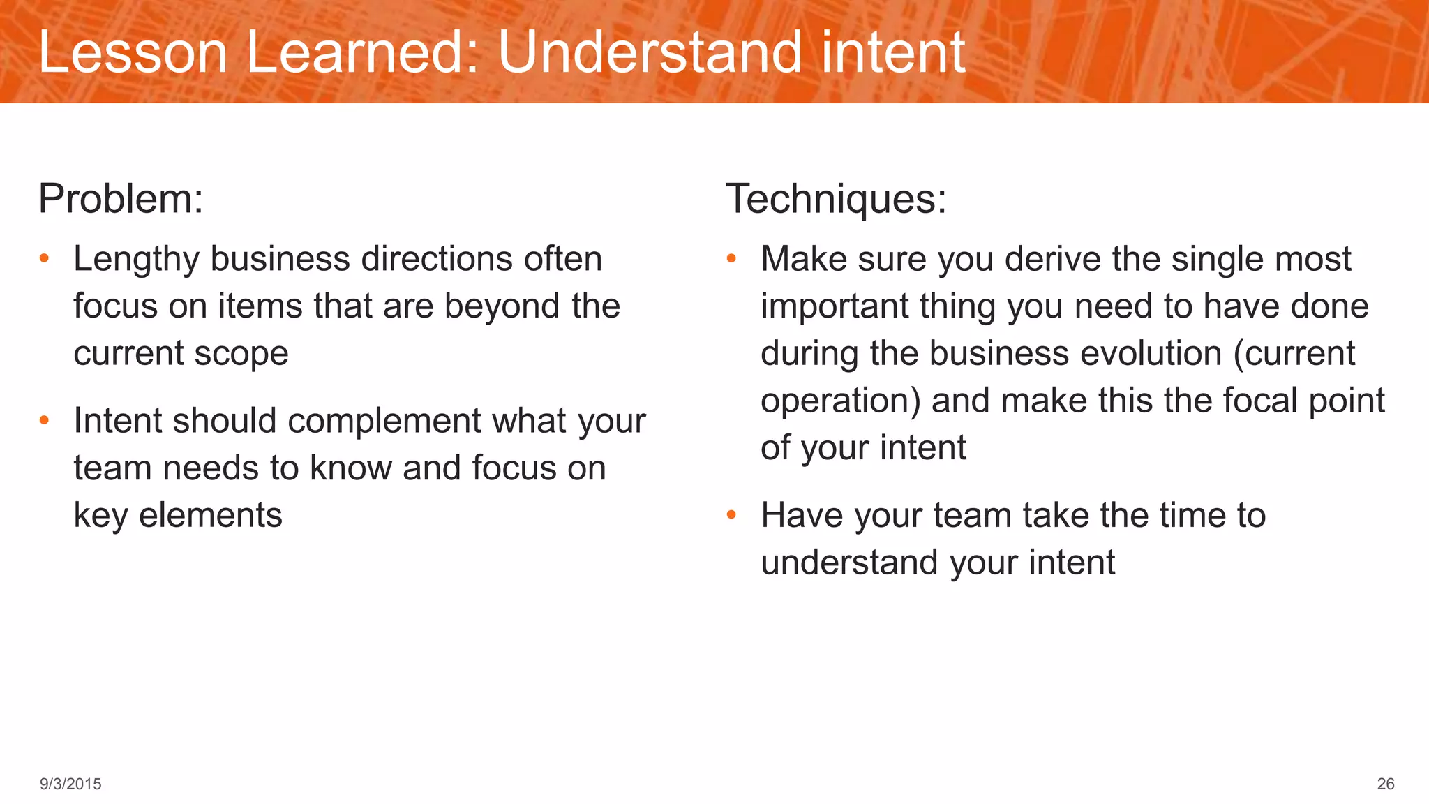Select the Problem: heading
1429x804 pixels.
(x=121, y=199)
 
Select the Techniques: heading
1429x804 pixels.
(x=836, y=199)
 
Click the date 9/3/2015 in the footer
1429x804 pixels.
(x=70, y=784)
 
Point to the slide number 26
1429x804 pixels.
(x=1385, y=784)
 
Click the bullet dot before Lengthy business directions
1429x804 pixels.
(x=45, y=259)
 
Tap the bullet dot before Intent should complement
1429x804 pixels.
(x=45, y=421)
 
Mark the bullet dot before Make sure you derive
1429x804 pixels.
(x=731, y=259)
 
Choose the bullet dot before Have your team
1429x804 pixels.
(x=731, y=516)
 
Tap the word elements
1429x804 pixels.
(x=210, y=516)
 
